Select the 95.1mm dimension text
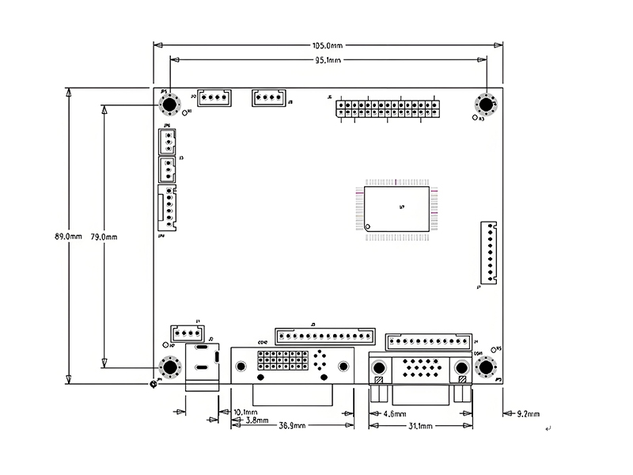(328, 60)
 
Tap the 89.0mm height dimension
(68, 236)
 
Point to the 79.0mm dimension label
(104, 236)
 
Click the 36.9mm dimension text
(292, 426)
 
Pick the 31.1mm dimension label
(419, 427)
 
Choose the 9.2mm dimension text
(527, 414)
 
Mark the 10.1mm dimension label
(246, 412)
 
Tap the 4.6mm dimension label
(394, 414)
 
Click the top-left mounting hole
(168, 105)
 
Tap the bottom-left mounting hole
(169, 367)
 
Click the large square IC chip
(397, 209)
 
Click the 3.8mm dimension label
(257, 420)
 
